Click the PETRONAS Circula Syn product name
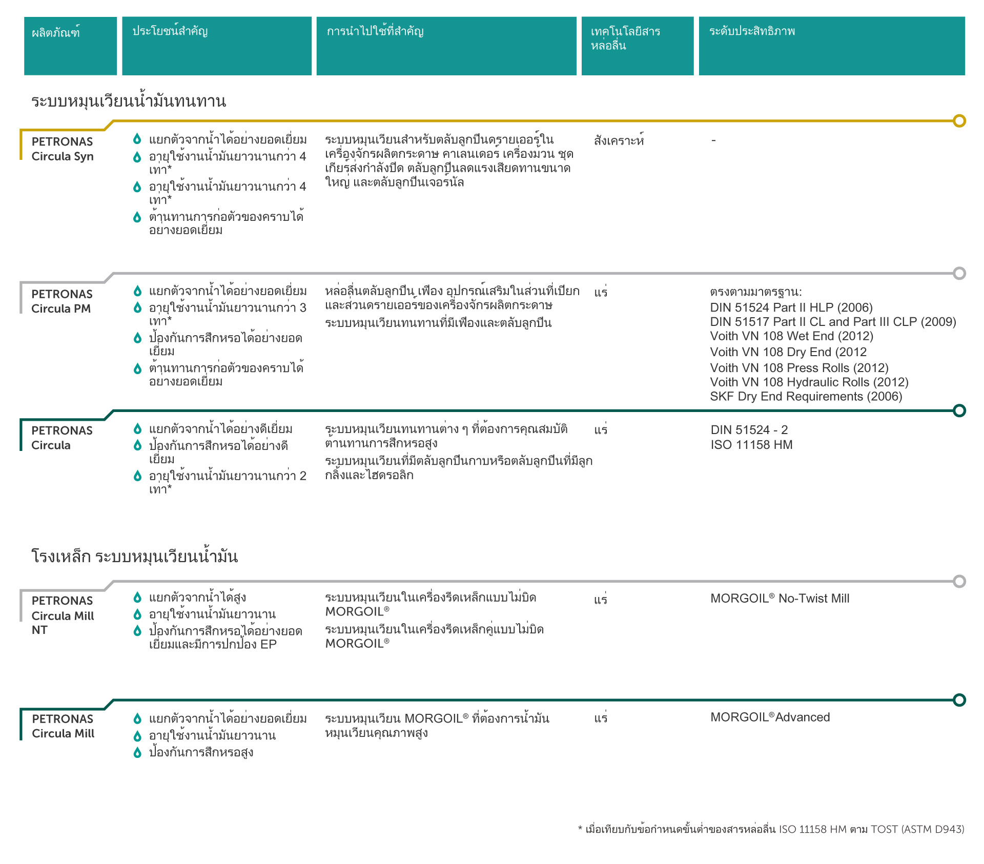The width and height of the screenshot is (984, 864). tap(63, 149)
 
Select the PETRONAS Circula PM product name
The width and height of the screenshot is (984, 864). tap(61, 301)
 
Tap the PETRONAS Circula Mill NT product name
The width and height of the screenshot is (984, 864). tap(63, 615)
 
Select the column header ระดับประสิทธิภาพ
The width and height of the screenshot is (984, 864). tap(752, 31)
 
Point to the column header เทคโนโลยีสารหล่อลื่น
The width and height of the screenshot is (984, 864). tap(625, 38)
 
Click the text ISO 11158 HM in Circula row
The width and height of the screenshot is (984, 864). tap(751, 445)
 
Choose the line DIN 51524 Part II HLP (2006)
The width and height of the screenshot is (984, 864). tap(791, 307)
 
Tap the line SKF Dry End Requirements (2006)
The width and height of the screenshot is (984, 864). tap(806, 397)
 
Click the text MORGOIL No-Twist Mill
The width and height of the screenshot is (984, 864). tap(780, 598)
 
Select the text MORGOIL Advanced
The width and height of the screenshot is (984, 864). tap(770, 717)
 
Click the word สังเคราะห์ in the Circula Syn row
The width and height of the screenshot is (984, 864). tap(619, 140)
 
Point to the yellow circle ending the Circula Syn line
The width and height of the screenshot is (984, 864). tap(959, 121)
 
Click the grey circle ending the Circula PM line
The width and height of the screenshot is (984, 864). tap(959, 273)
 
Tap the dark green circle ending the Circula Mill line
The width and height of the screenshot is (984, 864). tap(959, 700)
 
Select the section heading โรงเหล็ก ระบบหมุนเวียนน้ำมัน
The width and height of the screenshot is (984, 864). tap(134, 556)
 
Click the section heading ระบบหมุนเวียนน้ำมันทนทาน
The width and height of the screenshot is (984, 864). tap(128, 101)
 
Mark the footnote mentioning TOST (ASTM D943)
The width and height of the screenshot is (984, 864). tap(771, 829)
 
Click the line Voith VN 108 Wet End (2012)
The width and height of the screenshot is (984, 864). tap(791, 336)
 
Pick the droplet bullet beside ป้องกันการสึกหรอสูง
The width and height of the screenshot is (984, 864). tap(137, 752)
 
